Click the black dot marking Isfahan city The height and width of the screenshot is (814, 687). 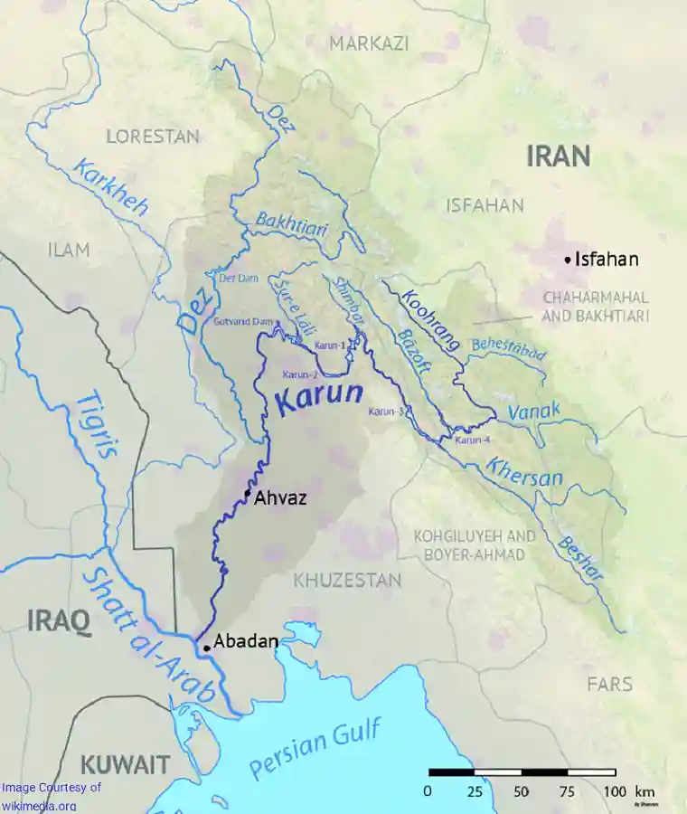pyautogui.click(x=568, y=260)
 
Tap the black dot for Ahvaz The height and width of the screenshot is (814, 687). pyautogui.click(x=247, y=493)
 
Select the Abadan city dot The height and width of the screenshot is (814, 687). pyautogui.click(x=207, y=648)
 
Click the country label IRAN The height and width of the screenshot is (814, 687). pyautogui.click(x=559, y=156)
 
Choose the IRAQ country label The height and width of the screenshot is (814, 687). pyautogui.click(x=59, y=621)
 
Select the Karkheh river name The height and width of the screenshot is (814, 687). pyautogui.click(x=109, y=187)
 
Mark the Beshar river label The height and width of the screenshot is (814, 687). pyautogui.click(x=579, y=559)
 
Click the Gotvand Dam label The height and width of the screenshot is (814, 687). pyautogui.click(x=243, y=322)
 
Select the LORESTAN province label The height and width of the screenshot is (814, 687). pyautogui.click(x=153, y=137)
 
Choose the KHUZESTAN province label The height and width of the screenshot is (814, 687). pyautogui.click(x=346, y=581)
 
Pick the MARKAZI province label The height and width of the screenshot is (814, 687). pyautogui.click(x=369, y=43)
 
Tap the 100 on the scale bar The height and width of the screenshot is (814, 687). pyautogui.click(x=615, y=791)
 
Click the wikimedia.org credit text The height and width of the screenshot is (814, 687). pyautogui.click(x=38, y=805)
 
